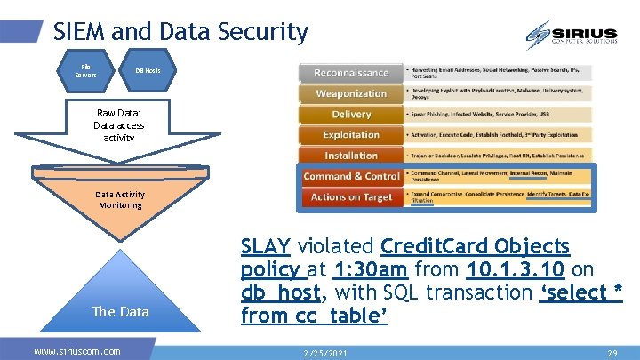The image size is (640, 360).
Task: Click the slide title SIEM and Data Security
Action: click(x=180, y=33)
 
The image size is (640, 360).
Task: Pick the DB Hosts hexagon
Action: click(x=147, y=70)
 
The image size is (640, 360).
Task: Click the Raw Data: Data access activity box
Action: click(x=119, y=126)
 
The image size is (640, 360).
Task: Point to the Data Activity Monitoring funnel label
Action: click(x=120, y=199)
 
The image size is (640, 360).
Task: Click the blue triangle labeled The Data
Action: click(x=120, y=298)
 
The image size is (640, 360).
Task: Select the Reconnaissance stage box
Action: click(x=350, y=73)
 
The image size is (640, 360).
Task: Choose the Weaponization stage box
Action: click(x=350, y=93)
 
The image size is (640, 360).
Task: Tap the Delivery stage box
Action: click(x=350, y=115)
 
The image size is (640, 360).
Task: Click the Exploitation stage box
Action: click(x=350, y=135)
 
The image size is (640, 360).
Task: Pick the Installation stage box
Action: click(x=350, y=156)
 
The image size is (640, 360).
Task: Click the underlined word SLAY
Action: click(x=267, y=246)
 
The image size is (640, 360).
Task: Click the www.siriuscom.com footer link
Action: click(x=76, y=351)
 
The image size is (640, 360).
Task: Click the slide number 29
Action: click(x=612, y=353)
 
